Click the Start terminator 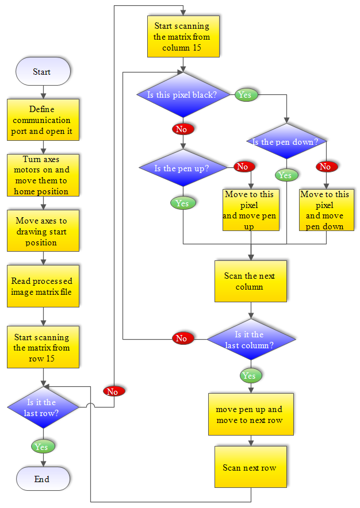(x=43, y=72)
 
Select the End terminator (x=43, y=479)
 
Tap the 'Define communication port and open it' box (x=43, y=120)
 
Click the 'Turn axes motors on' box (x=43, y=175)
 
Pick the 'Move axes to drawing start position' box (x=43, y=231)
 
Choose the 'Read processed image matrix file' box (x=43, y=286)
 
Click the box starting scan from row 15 (x=43, y=348)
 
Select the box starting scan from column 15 (x=182, y=36)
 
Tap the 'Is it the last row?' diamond (x=43, y=407)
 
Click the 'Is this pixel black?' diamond (x=182, y=95)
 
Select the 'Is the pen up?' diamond (x=182, y=168)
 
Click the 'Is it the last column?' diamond (x=251, y=340)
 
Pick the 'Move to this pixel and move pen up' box (x=251, y=210)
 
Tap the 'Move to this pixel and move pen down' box (x=325, y=210)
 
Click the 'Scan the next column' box (x=251, y=281)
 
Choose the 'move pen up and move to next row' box (x=251, y=415)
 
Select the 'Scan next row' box (x=251, y=467)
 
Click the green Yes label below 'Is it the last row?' (x=42, y=447)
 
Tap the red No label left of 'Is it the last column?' (x=182, y=338)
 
